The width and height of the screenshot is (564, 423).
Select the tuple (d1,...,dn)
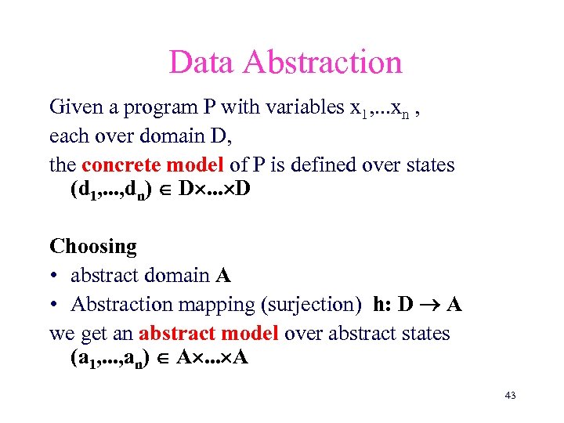(x=113, y=191)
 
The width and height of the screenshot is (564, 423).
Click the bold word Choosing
(x=93, y=247)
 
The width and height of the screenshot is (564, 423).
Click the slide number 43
(x=510, y=396)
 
